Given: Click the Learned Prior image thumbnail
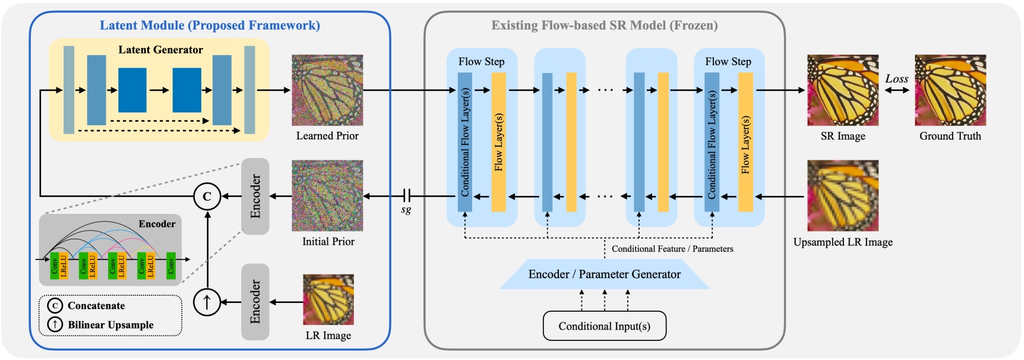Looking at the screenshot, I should pos(327,90).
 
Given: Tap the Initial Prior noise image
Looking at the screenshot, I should pos(327,195).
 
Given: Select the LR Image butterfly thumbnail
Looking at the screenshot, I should pos(328,299).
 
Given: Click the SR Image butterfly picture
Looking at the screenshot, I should pos(842,90).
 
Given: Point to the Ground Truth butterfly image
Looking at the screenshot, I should pos(950,90).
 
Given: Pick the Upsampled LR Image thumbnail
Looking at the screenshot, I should pos(842,195).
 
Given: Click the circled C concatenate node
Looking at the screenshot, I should pos(207,196).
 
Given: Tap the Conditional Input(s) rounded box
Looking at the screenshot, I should pos(604,326).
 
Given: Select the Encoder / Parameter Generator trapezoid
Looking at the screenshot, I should pos(604,274).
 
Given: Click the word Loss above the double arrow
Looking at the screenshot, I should pos(896,78).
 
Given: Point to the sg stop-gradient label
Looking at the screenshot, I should pos(406,209).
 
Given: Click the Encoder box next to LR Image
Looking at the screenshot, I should pos(255,302).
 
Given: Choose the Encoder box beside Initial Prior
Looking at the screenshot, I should pos(255,196).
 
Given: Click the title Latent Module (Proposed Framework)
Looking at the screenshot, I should pos(210,25).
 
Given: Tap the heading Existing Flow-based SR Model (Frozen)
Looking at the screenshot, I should pos(604,25).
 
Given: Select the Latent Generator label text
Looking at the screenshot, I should pos(160,50).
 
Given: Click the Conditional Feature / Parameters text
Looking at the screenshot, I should pos(672,249).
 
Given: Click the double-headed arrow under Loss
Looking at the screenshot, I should pos(896,90).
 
